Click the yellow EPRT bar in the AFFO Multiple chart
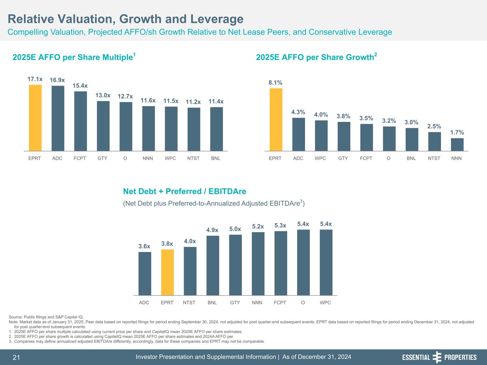pyautogui.click(x=35, y=118)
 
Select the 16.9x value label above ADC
pyautogui.click(x=57, y=80)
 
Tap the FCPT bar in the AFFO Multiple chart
pyautogui.click(x=80, y=121)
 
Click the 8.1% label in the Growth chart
pyautogui.click(x=275, y=82)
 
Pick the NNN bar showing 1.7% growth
pyautogui.click(x=457, y=145)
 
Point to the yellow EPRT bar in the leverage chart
pyautogui.click(x=167, y=272)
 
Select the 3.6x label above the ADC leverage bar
pyautogui.click(x=144, y=246)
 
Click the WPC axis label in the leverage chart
pyautogui.click(x=325, y=303)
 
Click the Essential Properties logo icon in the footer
pyautogui.click(x=437, y=357)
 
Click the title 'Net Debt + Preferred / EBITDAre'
pyautogui.click(x=184, y=191)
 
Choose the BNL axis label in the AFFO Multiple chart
pyautogui.click(x=215, y=158)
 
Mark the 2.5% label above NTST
pyautogui.click(x=434, y=126)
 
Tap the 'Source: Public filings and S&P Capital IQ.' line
pyautogui.click(x=46, y=317)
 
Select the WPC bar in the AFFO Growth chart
pyautogui.click(x=321, y=136)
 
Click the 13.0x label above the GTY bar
pyautogui.click(x=103, y=95)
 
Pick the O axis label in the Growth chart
pyautogui.click(x=389, y=158)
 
